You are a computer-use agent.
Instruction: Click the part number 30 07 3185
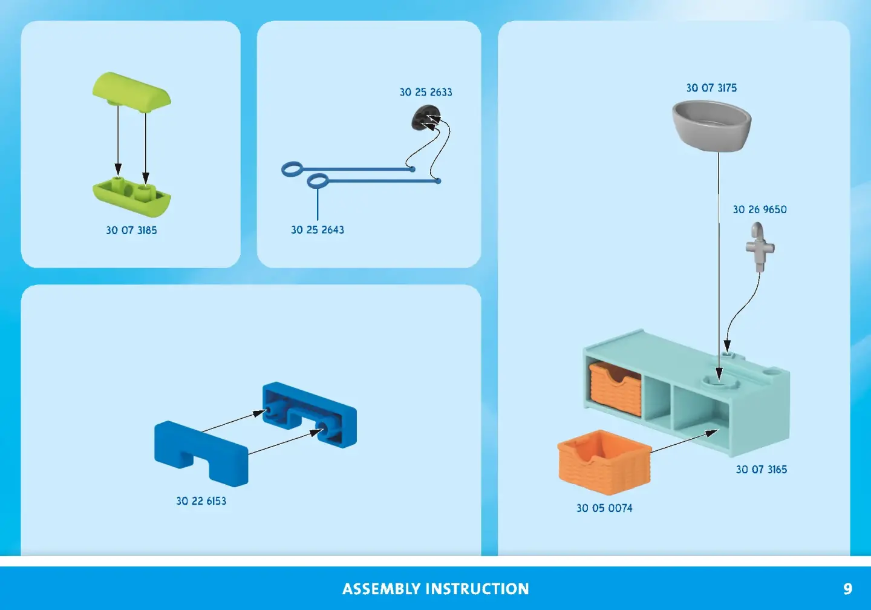[131, 230]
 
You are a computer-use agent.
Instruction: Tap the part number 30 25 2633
[426, 92]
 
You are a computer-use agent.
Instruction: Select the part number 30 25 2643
[318, 230]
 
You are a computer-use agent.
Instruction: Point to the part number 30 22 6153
[201, 501]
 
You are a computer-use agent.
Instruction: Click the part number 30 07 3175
[711, 88]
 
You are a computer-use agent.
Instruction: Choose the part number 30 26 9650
[760, 209]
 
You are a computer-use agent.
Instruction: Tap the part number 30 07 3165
[762, 470]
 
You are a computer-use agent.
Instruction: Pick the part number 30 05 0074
[604, 508]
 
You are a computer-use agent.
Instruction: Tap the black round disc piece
[426, 117]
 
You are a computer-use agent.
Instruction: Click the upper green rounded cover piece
[131, 91]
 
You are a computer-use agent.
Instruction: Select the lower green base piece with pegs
[131, 197]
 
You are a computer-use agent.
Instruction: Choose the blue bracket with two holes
[310, 415]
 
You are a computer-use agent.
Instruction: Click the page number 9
[847, 589]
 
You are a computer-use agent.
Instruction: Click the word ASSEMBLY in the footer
[381, 589]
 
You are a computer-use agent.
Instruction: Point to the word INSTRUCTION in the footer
[477, 589]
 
